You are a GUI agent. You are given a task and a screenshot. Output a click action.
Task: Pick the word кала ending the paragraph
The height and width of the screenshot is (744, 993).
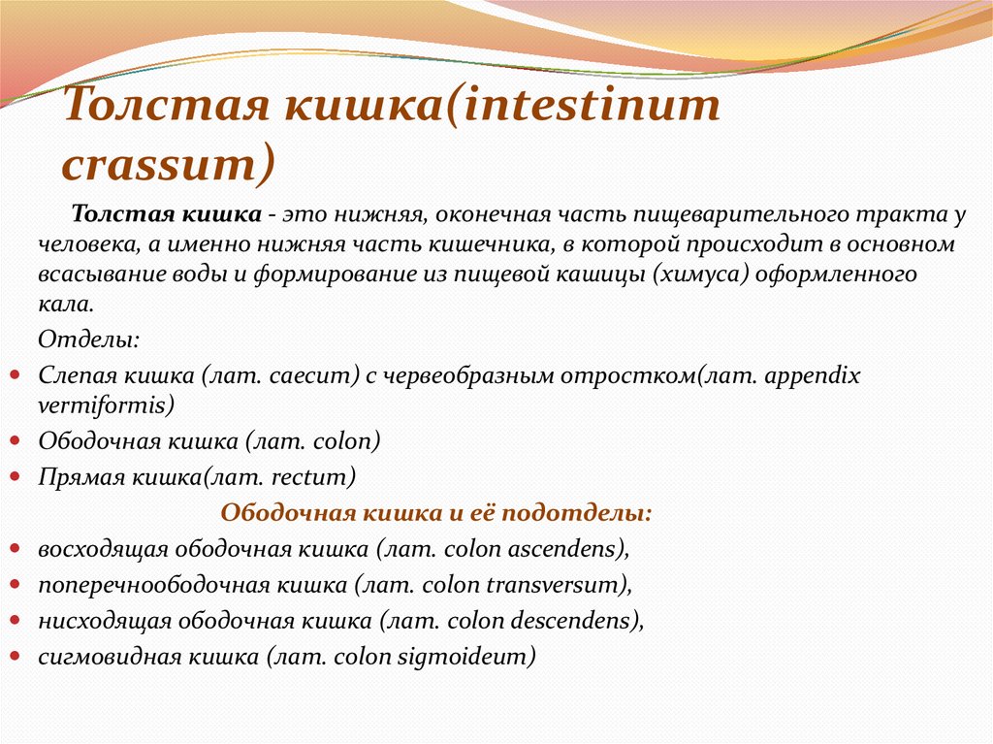(x=66, y=305)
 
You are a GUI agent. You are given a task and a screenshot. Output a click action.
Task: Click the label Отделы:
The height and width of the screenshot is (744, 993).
(x=88, y=340)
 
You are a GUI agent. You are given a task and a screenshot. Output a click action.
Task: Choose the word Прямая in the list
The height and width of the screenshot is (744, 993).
(x=80, y=477)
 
